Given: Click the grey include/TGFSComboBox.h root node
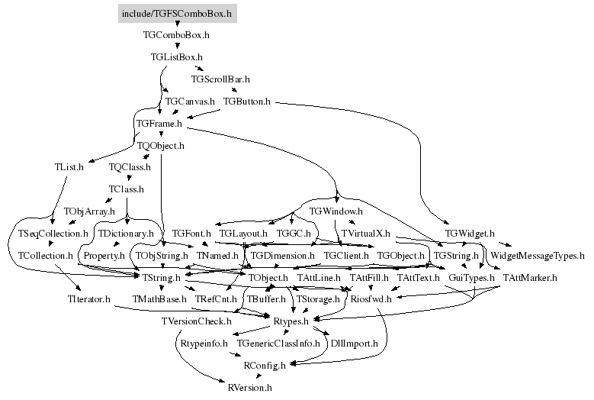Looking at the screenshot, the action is (x=178, y=14).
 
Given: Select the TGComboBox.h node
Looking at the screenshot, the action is (x=176, y=35).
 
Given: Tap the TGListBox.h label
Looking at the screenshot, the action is (x=177, y=57).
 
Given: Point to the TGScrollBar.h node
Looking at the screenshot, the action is (x=220, y=79).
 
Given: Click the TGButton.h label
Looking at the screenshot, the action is (x=246, y=102).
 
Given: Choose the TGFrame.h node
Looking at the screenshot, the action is (x=159, y=123).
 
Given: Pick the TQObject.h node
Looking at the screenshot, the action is (x=161, y=146).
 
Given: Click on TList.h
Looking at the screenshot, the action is (x=69, y=167).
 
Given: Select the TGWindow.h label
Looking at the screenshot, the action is (x=336, y=211).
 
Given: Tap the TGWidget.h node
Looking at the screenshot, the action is (x=470, y=233).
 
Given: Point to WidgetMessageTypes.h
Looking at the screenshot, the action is (x=538, y=256).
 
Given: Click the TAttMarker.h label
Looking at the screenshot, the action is (x=530, y=278).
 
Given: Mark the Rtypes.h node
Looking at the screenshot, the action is (x=291, y=321).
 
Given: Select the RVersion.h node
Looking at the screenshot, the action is (x=249, y=388).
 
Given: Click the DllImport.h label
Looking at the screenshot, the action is (x=355, y=344).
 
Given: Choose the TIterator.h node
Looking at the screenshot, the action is (x=89, y=299).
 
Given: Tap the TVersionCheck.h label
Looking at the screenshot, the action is (x=196, y=321).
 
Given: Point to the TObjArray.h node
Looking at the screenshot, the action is (x=89, y=211).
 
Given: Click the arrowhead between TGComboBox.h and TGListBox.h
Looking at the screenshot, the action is (x=178, y=47).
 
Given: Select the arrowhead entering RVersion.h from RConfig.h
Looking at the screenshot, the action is (x=258, y=376).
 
